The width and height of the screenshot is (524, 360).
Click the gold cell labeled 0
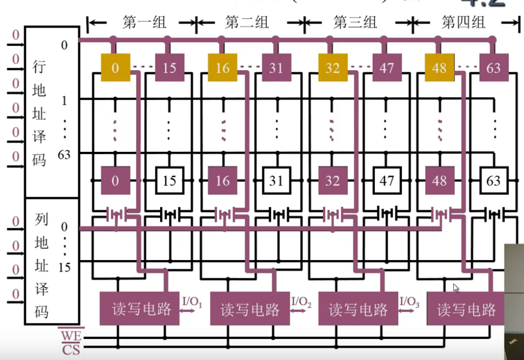[x=115, y=68]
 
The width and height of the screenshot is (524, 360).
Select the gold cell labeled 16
[x=223, y=68]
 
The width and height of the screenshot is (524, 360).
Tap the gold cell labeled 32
[x=333, y=68]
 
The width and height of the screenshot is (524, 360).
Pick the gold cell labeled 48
[x=440, y=68]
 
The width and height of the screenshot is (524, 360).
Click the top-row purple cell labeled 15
[x=169, y=68]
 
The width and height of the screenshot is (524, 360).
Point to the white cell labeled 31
[x=276, y=180]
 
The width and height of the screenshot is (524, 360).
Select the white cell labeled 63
[x=493, y=180]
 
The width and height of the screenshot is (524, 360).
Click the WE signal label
[x=70, y=335]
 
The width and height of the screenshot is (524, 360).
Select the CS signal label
[x=70, y=349]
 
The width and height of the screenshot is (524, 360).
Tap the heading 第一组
[x=144, y=23]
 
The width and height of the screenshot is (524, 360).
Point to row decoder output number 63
[x=64, y=155]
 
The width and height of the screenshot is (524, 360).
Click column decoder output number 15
[x=64, y=268]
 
